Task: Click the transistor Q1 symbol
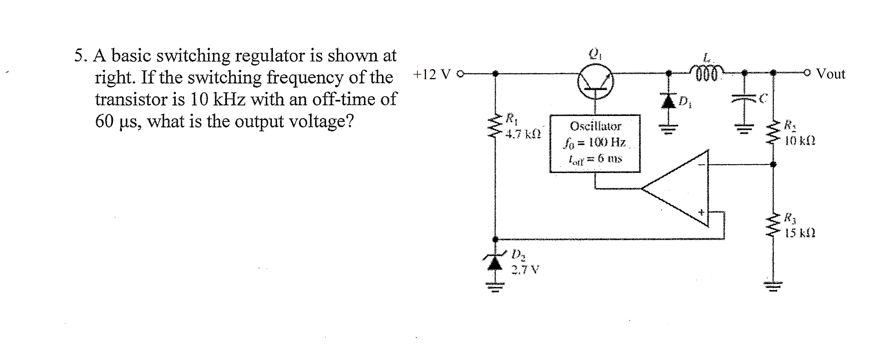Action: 595,82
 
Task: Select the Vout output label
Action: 831,74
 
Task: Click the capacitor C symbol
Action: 744,100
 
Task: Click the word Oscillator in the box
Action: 595,126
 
